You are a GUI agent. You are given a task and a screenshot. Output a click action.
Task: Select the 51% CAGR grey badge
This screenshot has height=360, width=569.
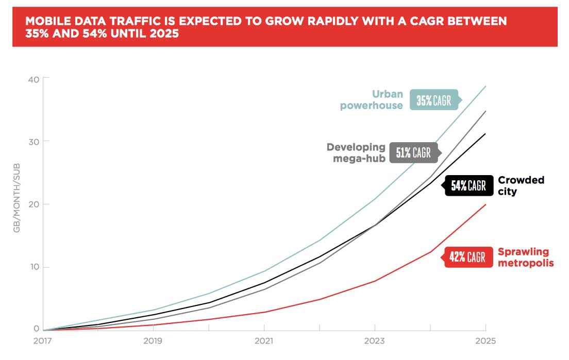[413, 152]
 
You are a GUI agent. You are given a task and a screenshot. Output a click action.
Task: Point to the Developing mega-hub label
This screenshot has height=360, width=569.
[356, 152]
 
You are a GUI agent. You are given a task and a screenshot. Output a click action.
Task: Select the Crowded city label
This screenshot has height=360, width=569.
[521, 185]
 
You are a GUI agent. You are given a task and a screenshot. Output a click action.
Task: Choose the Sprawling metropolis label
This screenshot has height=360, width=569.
[525, 257]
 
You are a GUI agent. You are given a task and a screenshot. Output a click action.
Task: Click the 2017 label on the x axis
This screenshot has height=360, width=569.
[43, 341]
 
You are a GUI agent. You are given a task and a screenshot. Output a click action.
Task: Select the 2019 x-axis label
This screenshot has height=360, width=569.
[154, 341]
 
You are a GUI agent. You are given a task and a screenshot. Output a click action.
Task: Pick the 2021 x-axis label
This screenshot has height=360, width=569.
[264, 341]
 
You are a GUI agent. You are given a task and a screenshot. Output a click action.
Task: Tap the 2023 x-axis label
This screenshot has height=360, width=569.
[375, 341]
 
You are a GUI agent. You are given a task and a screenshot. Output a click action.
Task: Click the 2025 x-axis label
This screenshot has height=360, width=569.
[485, 341]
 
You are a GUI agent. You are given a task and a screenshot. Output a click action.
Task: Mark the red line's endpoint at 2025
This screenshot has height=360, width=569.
[486, 204]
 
